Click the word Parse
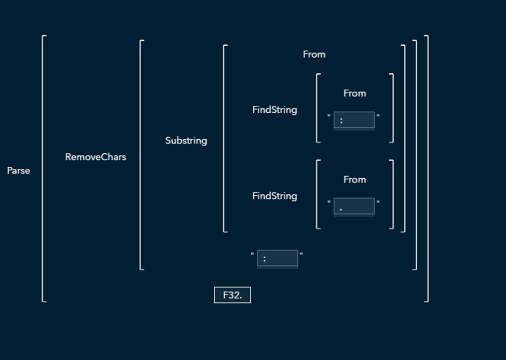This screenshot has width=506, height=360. click(19, 171)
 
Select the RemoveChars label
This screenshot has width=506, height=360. click(95, 157)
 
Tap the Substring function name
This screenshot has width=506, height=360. click(186, 141)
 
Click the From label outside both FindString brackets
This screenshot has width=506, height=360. click(314, 55)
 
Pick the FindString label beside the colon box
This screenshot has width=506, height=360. click(275, 110)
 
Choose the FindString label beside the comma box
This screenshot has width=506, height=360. click(275, 196)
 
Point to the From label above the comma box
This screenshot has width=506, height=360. click(354, 180)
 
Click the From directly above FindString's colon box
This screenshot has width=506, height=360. click(354, 94)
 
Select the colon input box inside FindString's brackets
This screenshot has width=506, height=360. click(354, 120)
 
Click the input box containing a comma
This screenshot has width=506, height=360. click(354, 206)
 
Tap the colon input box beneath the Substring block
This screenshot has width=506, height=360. click(277, 258)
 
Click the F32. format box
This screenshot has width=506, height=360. click(233, 295)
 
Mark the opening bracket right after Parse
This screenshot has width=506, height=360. click(44, 168)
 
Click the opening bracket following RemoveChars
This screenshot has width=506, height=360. click(141, 155)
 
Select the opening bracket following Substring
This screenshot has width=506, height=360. click(225, 138)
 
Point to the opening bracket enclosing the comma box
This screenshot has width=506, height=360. click(318, 194)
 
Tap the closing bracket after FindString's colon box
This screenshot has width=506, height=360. click(392, 108)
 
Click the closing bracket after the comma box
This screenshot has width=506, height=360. click(392, 194)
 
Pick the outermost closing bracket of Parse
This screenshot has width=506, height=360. click(427, 168)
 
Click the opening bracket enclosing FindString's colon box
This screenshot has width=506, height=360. click(318, 108)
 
